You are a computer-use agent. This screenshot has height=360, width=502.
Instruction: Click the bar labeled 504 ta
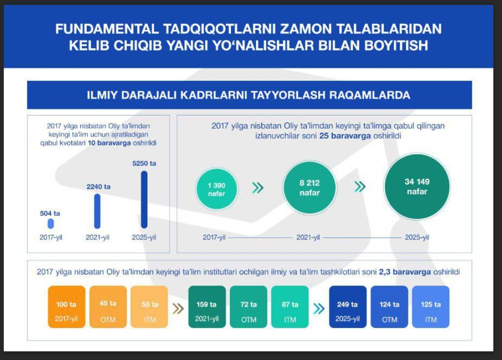point(50,224)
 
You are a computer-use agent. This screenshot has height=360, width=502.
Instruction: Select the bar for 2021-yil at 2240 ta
point(97,211)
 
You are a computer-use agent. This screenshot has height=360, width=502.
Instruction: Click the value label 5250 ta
point(144,163)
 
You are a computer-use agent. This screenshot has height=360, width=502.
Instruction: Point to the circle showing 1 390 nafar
point(217,189)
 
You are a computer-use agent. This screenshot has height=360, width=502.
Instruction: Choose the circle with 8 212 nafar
point(309,188)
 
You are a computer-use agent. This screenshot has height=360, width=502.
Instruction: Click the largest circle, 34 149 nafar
point(417,187)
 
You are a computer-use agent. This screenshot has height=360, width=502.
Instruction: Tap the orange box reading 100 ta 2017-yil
point(67,307)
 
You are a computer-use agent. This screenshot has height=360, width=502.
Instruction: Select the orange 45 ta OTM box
point(108,307)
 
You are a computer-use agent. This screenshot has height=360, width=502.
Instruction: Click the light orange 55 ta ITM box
point(150,307)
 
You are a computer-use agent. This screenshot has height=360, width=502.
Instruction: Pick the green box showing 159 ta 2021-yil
point(207,307)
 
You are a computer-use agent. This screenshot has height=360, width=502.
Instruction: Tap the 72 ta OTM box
point(249,307)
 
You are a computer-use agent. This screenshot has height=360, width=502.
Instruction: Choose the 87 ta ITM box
point(290,307)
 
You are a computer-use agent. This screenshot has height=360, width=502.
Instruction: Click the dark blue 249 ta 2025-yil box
point(348,307)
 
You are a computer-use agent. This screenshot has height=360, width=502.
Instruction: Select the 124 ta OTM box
point(389,307)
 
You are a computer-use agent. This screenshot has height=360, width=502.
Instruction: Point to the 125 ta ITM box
point(430,307)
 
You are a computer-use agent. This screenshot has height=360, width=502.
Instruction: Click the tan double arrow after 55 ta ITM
point(179,309)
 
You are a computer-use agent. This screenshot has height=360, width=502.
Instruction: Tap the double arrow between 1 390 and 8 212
point(257,188)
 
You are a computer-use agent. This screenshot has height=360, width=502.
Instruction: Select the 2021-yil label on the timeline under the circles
point(308,237)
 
